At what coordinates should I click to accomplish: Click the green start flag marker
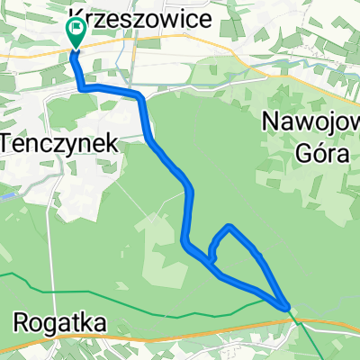click(x=75, y=33)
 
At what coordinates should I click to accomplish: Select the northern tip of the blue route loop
click(x=231, y=226)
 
